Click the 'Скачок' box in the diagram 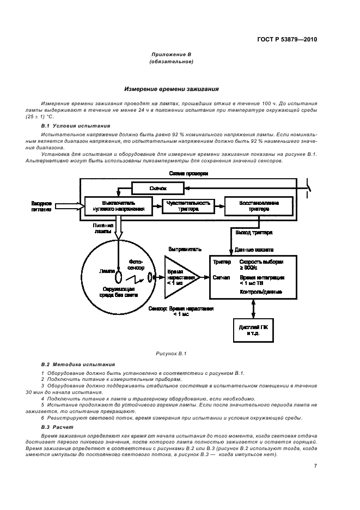point(157,188)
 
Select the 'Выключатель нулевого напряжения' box point(115,206)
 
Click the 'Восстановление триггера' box point(259,206)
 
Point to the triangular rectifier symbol point(181,277)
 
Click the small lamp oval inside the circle point(117,278)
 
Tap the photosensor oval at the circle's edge point(149,279)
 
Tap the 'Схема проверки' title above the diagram point(188,173)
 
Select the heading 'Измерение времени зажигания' point(171,89)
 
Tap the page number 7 point(315,466)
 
